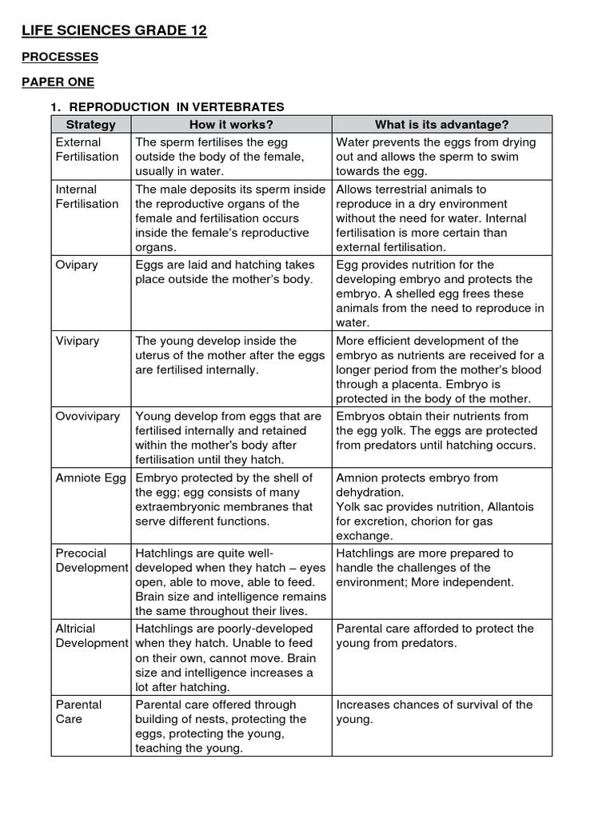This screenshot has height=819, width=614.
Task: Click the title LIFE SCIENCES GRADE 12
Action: (x=114, y=30)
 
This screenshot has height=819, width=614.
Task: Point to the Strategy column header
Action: (x=90, y=124)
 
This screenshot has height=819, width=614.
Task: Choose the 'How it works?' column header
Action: (x=231, y=124)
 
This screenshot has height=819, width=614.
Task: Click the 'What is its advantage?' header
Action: (x=441, y=124)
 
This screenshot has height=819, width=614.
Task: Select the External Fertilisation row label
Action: (x=87, y=150)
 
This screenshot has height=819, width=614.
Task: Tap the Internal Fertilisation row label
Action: (x=87, y=197)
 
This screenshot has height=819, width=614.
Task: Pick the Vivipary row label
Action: (x=78, y=341)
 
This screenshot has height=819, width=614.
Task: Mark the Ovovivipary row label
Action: (x=88, y=416)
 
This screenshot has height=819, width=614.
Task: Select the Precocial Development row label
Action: (x=91, y=560)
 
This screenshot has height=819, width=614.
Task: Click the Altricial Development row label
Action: (x=91, y=636)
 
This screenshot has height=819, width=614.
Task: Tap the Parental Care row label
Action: (x=78, y=712)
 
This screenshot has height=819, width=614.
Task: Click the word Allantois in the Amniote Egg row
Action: (x=506, y=507)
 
